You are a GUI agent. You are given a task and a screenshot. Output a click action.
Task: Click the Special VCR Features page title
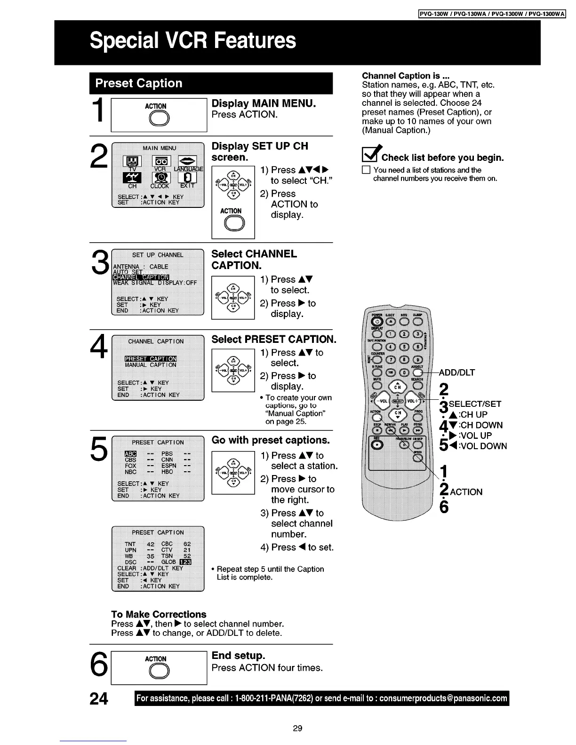[193, 40]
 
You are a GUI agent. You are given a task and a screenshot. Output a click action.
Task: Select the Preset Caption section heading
[139, 83]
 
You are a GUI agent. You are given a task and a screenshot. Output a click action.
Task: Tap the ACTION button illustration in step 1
[155, 120]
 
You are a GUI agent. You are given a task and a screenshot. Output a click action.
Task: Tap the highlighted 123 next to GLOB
[185, 562]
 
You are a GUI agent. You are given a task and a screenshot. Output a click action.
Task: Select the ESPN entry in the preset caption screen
[169, 466]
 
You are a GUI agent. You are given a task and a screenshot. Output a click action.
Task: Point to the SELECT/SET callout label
[475, 404]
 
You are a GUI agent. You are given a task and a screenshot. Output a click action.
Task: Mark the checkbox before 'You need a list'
[366, 170]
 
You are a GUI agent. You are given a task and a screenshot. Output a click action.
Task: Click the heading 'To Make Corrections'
[159, 614]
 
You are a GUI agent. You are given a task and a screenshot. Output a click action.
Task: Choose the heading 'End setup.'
[238, 656]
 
